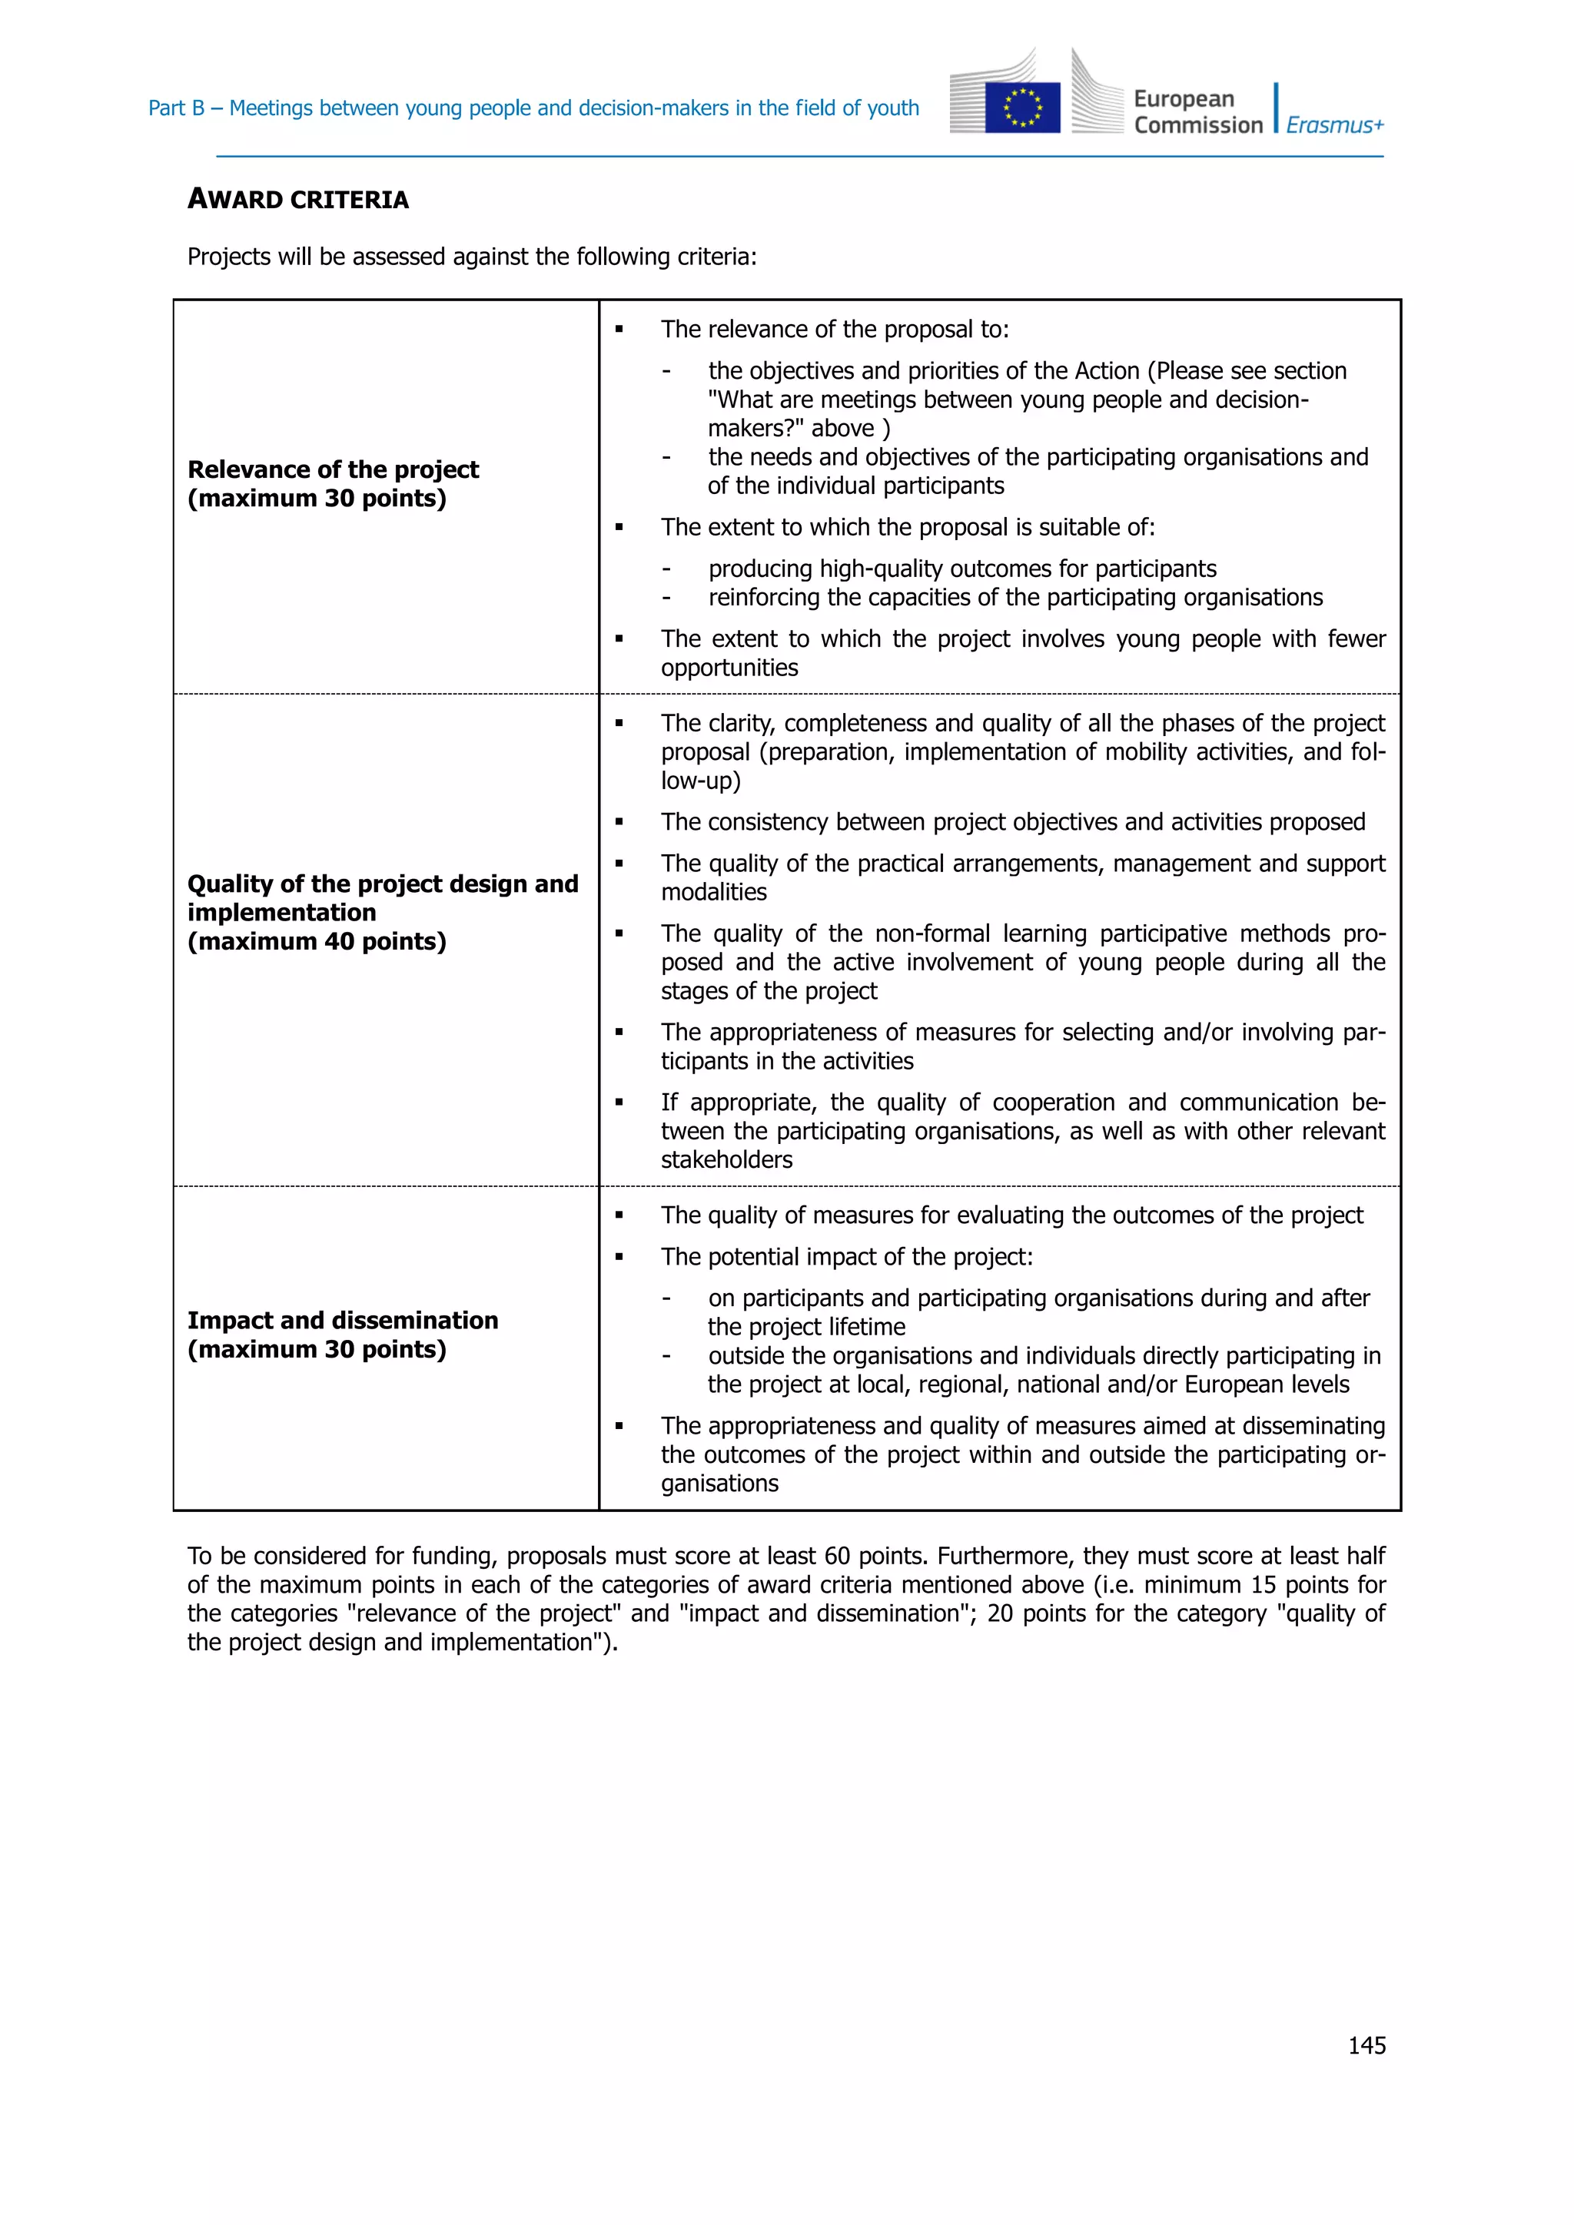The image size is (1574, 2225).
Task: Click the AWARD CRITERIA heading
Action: (x=297, y=200)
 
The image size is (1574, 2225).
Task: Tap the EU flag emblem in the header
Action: (x=1021, y=107)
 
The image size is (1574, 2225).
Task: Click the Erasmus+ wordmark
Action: (x=1335, y=125)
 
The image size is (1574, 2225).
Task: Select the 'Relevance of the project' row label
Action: (x=333, y=470)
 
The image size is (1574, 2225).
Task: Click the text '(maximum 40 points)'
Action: (x=317, y=941)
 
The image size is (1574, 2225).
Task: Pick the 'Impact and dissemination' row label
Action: (x=342, y=1320)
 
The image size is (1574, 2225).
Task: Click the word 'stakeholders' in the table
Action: (x=726, y=1160)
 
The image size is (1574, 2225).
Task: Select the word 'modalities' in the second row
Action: (x=713, y=893)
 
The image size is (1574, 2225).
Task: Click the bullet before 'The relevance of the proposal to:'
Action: (x=619, y=330)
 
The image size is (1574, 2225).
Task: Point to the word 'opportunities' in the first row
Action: (x=729, y=668)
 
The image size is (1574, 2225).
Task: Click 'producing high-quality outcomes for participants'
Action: (x=961, y=569)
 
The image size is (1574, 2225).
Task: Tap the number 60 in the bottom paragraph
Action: (x=836, y=1557)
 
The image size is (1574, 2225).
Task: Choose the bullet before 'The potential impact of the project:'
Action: (x=619, y=1258)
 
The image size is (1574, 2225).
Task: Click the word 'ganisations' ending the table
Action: (x=719, y=1484)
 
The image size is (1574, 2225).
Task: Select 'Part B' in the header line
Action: (x=175, y=108)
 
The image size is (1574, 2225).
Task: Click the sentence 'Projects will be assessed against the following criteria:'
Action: (x=471, y=257)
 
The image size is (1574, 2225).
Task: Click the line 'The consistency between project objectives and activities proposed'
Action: (x=1013, y=822)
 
